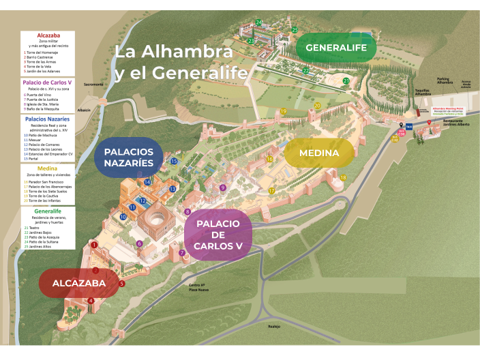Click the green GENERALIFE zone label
point(336,48)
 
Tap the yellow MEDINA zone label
point(318,153)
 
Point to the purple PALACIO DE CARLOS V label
point(217,235)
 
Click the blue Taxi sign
point(409,127)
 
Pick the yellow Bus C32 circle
point(394,138)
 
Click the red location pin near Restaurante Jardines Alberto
point(429,123)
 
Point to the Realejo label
point(275,327)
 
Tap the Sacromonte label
point(93,84)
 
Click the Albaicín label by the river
point(84,109)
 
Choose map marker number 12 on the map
point(142,200)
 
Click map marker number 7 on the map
point(182,253)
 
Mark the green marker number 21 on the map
point(346,81)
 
